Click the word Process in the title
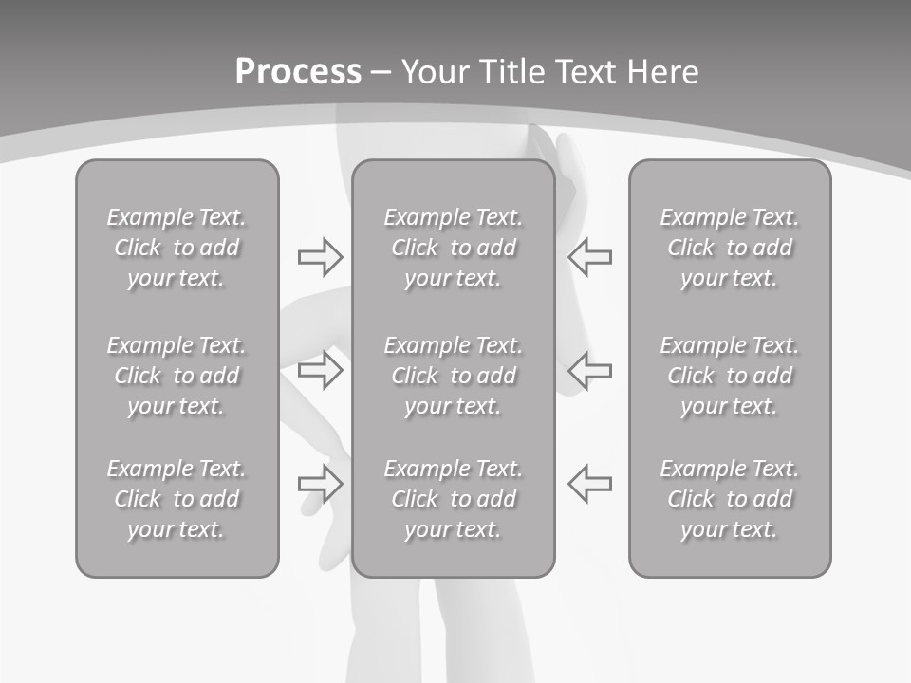click(x=298, y=72)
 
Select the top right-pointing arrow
click(x=321, y=256)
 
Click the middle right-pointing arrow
click(x=321, y=370)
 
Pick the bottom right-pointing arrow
click(x=321, y=483)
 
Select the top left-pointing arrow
click(x=589, y=256)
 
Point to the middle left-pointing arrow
click(x=589, y=370)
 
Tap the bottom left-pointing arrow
click(x=589, y=483)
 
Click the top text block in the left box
click(x=177, y=248)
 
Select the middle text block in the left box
click(x=177, y=376)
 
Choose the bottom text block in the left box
click(x=177, y=499)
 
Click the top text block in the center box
click(x=454, y=248)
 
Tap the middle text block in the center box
click(x=454, y=376)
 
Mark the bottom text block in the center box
click(x=454, y=499)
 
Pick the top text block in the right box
click(x=730, y=248)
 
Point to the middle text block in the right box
click(x=730, y=376)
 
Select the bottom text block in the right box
click(x=730, y=499)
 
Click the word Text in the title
click(x=584, y=72)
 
